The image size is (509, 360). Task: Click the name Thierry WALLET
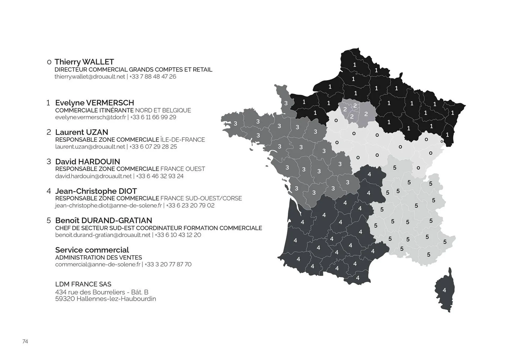[84, 62]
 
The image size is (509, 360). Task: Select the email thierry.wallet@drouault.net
[90, 77]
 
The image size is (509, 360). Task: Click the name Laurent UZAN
[82, 132]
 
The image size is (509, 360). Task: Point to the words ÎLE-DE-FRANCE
[183, 140]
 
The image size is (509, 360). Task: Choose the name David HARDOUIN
[87, 161]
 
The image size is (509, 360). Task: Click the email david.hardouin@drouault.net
[93, 176]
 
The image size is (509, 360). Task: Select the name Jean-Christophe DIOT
[96, 191]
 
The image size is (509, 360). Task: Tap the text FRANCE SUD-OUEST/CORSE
[201, 198]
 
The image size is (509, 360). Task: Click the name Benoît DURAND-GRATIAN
[104, 220]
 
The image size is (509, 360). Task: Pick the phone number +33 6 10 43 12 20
[178, 235]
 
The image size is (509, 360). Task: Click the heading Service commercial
[92, 250]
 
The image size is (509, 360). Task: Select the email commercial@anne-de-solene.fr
[98, 264]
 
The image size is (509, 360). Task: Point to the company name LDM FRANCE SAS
[83, 284]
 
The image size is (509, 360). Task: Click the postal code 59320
[65, 299]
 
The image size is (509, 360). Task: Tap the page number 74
[25, 341]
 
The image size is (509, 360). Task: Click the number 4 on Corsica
[444, 290]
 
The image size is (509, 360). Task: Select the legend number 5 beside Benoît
[49, 220]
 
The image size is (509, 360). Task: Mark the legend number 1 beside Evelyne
[48, 103]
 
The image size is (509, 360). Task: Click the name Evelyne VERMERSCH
[95, 103]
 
